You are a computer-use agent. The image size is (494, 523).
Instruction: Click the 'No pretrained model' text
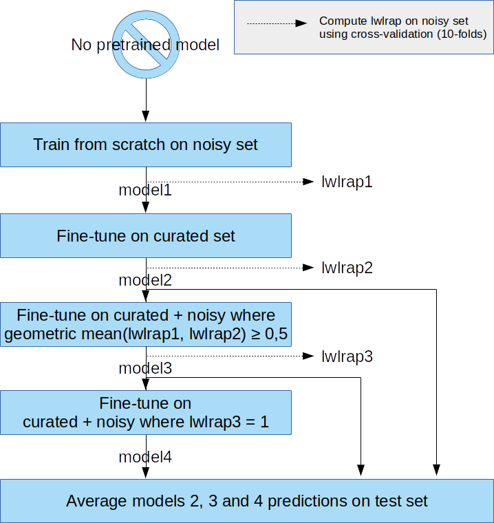[x=145, y=45]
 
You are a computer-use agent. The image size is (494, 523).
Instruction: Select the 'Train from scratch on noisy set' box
[x=146, y=145]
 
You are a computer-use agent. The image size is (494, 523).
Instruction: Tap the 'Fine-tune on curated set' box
[x=146, y=236]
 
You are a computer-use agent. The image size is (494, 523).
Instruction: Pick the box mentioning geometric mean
[x=146, y=324]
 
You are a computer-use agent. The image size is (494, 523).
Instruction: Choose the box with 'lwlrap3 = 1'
[x=146, y=413]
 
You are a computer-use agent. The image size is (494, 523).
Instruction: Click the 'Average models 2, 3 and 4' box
[x=247, y=500]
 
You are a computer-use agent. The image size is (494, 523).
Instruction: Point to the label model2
[x=145, y=280]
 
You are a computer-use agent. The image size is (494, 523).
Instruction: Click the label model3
[x=145, y=368]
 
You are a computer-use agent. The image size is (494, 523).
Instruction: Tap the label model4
[x=145, y=457]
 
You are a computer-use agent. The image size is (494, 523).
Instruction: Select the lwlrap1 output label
[x=347, y=182]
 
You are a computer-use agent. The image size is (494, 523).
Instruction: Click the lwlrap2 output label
[x=347, y=268]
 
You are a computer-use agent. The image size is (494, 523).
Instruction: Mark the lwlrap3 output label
[x=347, y=356]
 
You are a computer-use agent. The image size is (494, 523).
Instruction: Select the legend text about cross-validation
[x=402, y=28]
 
